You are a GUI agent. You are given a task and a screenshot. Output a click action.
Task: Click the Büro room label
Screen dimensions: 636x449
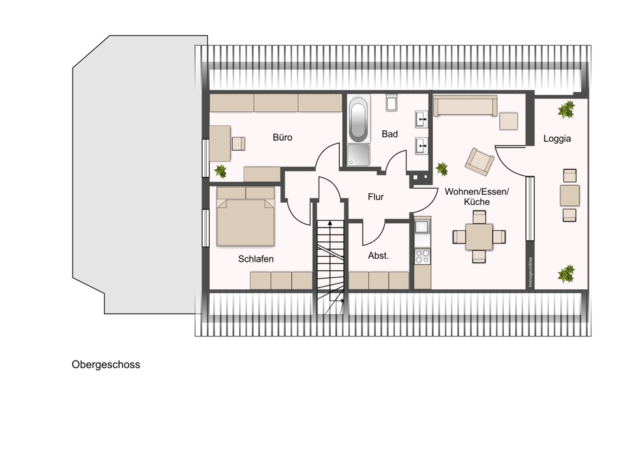coord(282,137)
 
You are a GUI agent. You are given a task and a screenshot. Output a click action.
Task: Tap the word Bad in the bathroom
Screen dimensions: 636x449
coord(390,134)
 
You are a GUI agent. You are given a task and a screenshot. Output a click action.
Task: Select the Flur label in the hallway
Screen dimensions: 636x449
coord(376,197)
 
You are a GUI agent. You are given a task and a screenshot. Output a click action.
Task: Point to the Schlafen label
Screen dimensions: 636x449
coord(256,259)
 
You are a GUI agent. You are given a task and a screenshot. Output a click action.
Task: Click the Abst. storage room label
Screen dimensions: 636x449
coord(378,256)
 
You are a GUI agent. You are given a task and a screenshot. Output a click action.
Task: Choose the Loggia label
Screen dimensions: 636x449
coord(557,139)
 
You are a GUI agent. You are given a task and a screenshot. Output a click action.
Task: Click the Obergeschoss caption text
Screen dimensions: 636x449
coord(106,364)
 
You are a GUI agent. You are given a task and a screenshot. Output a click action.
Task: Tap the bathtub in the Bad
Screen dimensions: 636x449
coord(359,119)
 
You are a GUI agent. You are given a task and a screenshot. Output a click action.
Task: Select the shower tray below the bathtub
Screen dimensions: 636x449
coord(359,155)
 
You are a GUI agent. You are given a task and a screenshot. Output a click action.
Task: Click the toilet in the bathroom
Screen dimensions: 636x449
coord(391,102)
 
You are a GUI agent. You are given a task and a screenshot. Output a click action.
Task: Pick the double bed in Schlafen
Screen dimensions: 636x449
coord(245,216)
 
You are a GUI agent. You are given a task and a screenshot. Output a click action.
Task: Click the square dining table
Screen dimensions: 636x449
coord(479,237)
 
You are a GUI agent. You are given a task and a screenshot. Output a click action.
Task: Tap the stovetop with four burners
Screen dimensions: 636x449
coord(422,256)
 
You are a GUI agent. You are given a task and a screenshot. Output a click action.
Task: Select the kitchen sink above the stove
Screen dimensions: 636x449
coord(422,226)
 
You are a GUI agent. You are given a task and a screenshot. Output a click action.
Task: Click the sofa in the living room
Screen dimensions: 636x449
coord(465,106)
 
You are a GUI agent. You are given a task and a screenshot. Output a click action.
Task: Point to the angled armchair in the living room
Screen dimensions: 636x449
coord(480,162)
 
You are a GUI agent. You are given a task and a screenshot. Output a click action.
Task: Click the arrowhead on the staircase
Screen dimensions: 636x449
coord(330,223)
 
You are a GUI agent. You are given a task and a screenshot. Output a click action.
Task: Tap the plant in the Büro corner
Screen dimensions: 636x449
coord(220,170)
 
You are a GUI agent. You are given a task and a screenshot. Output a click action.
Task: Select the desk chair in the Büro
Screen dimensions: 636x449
coord(239,144)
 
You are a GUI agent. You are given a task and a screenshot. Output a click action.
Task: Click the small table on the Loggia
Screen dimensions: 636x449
coord(569,195)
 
